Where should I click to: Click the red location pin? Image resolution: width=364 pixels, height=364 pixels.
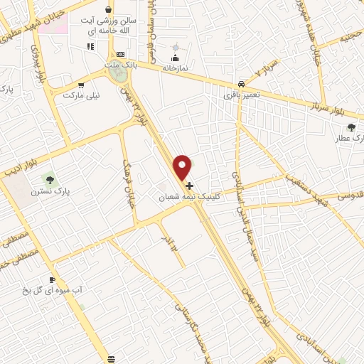pos(183,166)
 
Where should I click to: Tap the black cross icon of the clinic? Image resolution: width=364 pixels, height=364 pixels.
pos(189,185)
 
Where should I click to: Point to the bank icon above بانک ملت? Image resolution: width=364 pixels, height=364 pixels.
pos(119,54)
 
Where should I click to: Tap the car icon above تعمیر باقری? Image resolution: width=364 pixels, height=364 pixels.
pos(242,82)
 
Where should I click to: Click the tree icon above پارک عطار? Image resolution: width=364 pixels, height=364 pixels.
pos(350,128)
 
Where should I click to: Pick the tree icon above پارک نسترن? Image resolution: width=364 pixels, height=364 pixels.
pos(48,178)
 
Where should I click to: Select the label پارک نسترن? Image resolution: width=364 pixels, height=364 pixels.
pos(48,191)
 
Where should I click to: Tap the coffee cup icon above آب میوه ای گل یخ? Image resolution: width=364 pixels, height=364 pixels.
pos(52,279)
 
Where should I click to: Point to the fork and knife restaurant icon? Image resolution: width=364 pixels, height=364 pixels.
pos(90,46)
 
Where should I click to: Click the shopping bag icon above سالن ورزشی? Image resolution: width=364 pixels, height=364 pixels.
pos(108,10)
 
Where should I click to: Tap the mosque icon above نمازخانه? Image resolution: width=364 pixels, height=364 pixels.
pos(175,58)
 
